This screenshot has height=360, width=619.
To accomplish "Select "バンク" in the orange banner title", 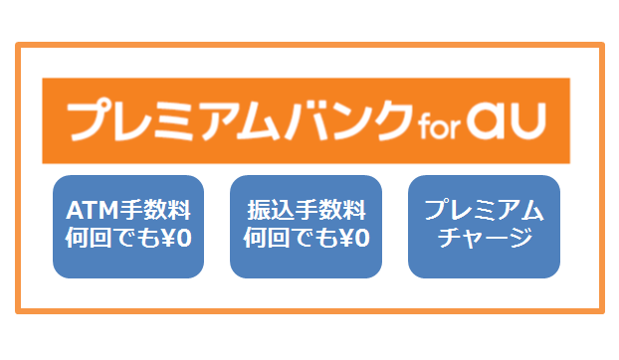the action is [x=349, y=120].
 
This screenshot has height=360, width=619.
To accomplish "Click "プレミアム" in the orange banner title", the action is [x=174, y=120].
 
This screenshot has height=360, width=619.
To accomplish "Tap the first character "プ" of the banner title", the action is [x=89, y=120].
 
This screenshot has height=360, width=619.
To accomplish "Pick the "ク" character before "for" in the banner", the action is [x=393, y=120].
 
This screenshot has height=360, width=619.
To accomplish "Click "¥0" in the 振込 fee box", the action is [x=354, y=238].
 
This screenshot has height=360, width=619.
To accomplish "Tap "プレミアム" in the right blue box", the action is [x=484, y=210].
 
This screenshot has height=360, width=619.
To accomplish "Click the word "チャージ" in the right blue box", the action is [x=486, y=238].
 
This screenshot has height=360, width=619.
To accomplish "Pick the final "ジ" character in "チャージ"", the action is [x=521, y=238].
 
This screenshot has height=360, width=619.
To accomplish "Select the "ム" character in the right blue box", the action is [x=532, y=210].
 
